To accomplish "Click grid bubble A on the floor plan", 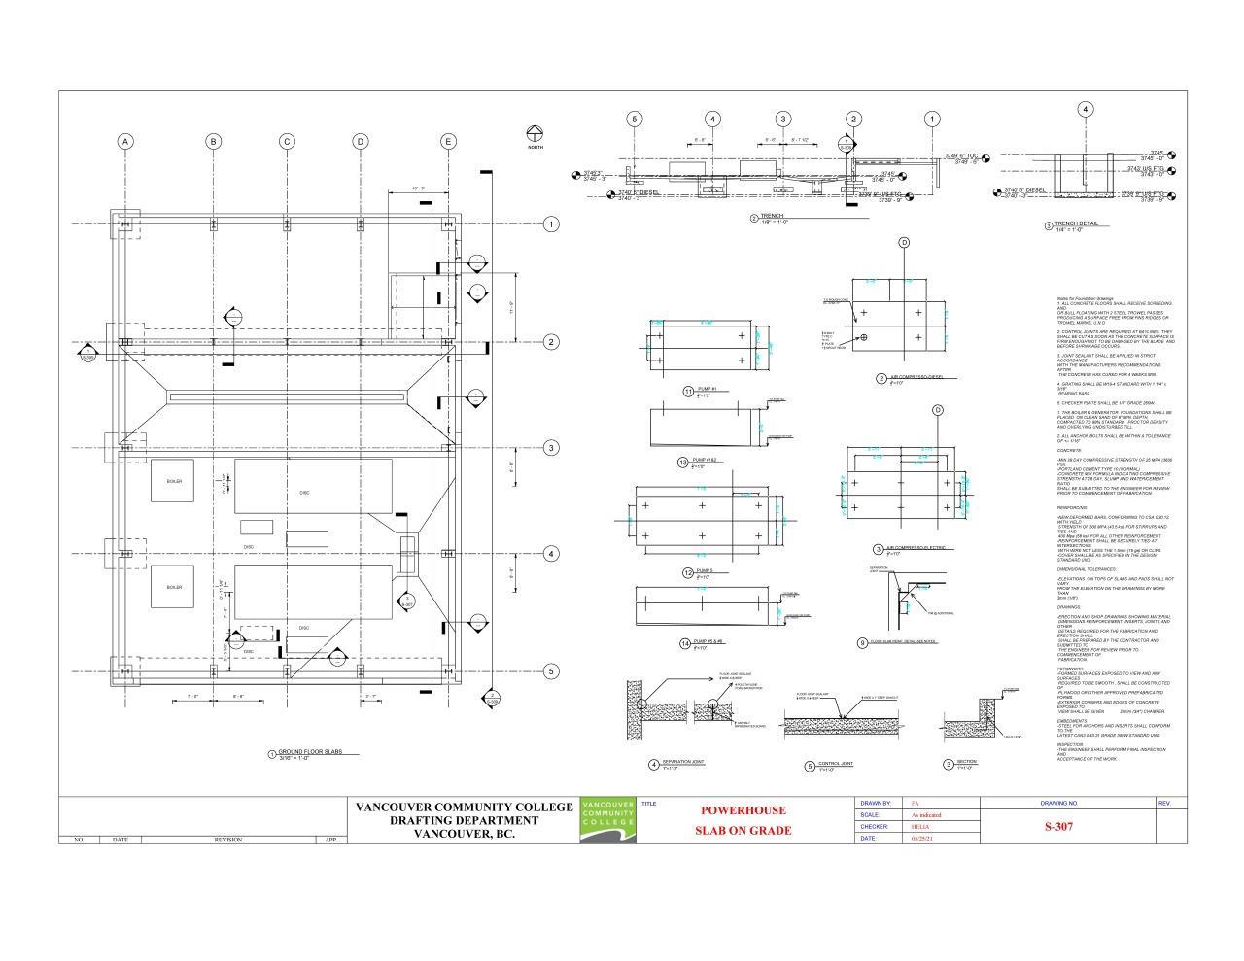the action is pyautogui.click(x=125, y=142).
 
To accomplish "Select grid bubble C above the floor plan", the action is pyautogui.click(x=287, y=142).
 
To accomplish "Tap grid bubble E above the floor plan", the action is pyautogui.click(x=448, y=142).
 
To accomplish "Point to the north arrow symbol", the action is pyautogui.click(x=535, y=133).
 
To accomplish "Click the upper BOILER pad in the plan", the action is pyautogui.click(x=174, y=481).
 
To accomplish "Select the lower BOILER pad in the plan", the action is pyautogui.click(x=174, y=587).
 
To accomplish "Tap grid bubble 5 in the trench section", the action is pyautogui.click(x=635, y=120).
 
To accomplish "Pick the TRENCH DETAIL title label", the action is pyautogui.click(x=1076, y=223).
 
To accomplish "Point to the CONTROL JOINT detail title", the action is pyautogui.click(x=836, y=764).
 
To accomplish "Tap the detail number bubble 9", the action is pyautogui.click(x=862, y=642).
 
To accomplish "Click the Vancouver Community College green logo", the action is pyautogui.click(x=607, y=816).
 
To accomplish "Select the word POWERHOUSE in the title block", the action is pyautogui.click(x=743, y=810).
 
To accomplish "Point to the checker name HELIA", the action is pyautogui.click(x=918, y=827).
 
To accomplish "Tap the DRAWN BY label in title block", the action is pyautogui.click(x=876, y=804).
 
